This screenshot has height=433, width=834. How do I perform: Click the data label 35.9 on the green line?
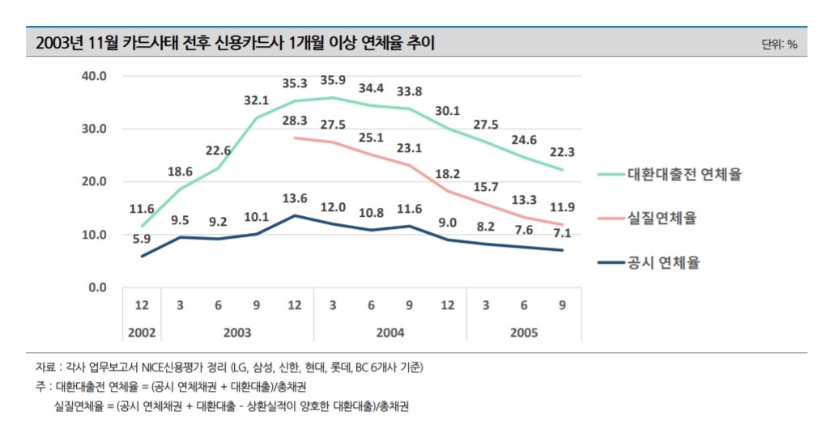331,81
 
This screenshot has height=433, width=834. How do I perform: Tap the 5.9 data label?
142,239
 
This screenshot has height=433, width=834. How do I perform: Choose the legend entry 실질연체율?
662,218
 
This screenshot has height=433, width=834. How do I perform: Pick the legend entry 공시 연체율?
663,262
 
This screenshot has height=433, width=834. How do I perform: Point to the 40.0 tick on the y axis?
96,76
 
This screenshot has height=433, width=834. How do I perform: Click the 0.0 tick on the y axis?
98,287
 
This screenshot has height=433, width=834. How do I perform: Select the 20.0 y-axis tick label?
96,182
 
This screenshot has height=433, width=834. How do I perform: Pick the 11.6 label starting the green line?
143,209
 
